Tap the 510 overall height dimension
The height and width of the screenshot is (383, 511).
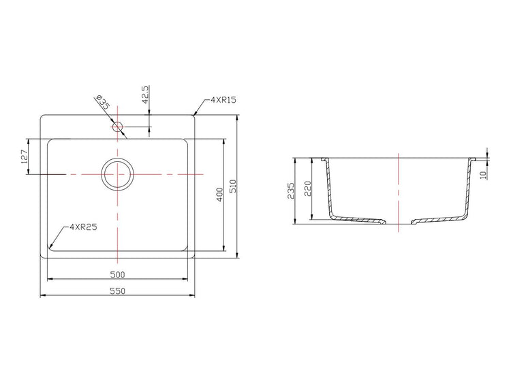pyautogui.click(x=233, y=187)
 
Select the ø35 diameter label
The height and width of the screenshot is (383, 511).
pyautogui.click(x=103, y=104)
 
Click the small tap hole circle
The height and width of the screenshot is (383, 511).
pyautogui.click(x=117, y=127)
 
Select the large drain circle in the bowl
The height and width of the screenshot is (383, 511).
pyautogui.click(x=118, y=173)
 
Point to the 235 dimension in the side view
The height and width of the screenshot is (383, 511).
pyautogui.click(x=291, y=190)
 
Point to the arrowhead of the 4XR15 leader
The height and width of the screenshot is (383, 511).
pyautogui.click(x=195, y=114)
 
